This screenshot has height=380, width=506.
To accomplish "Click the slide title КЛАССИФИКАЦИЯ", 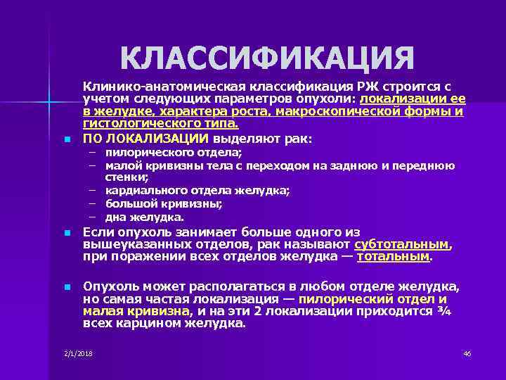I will pos(267,58).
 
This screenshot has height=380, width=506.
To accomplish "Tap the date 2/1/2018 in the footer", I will pos(78,353).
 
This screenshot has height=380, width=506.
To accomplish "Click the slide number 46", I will pos(467,353).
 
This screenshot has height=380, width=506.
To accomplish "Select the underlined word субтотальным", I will pos(402,244).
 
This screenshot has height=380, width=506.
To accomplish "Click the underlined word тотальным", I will pos(393,257).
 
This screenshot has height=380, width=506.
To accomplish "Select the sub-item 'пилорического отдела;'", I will pos(173,153).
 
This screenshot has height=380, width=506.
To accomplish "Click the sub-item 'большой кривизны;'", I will pos(164,204).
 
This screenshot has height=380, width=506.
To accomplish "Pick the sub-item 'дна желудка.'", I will pos(144,217).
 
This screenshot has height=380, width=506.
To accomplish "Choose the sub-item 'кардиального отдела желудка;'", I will pos(197,191).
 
